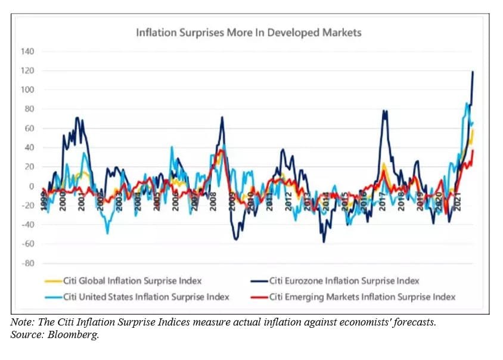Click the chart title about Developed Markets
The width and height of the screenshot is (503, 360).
point(249,32)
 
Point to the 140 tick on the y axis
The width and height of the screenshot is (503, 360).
point(28,52)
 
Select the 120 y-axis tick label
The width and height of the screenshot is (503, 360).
point(28,71)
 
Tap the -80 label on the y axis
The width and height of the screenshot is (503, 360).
point(28,263)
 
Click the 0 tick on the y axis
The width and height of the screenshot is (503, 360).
point(32,186)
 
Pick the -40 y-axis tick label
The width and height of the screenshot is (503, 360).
point(28,225)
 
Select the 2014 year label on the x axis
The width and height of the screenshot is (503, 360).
point(326,202)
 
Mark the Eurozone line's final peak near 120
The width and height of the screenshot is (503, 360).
point(473,72)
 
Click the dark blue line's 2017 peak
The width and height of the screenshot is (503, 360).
point(384,111)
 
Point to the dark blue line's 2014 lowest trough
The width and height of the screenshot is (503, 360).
point(324,241)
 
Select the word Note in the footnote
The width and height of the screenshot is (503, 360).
point(21,322)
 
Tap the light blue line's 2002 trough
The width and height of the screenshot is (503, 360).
point(108,233)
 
